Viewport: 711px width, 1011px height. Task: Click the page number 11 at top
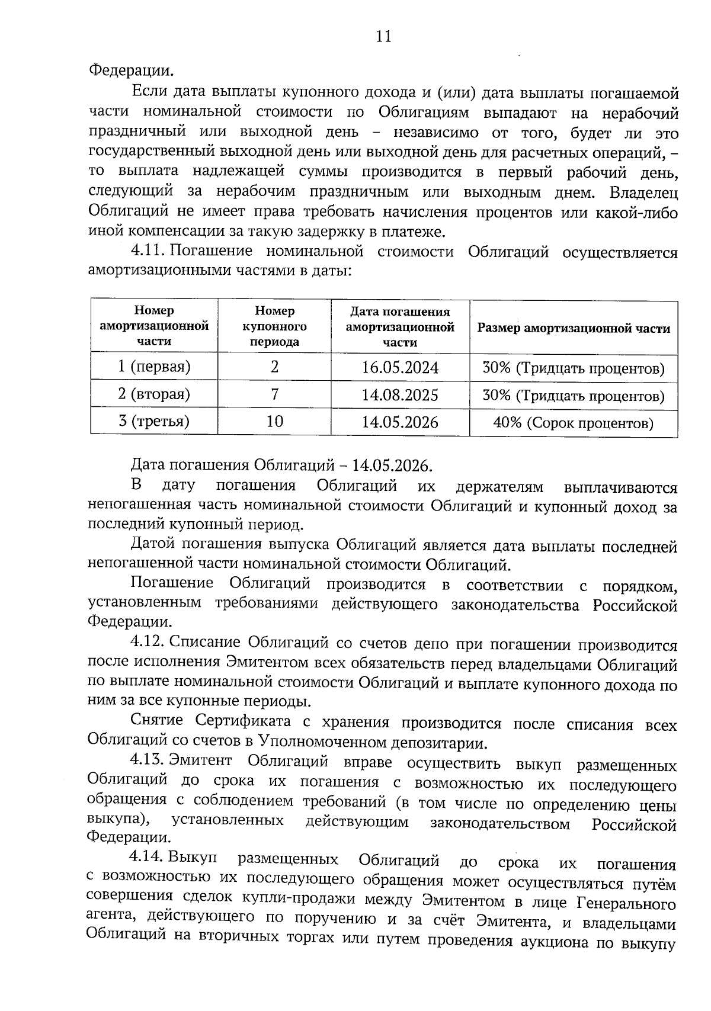(x=383, y=37)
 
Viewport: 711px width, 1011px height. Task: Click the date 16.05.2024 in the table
(x=400, y=368)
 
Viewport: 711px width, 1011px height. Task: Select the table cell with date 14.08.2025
(x=400, y=395)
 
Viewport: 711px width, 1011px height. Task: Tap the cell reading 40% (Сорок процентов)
(x=573, y=423)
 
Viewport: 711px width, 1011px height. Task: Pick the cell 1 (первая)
(x=154, y=367)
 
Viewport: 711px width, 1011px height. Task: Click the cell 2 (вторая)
(x=154, y=394)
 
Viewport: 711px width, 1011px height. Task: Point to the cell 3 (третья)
(x=154, y=421)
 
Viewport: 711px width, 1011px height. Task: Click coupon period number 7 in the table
(x=274, y=394)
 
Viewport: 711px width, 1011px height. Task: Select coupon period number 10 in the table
(x=274, y=421)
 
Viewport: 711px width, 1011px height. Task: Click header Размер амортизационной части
(x=574, y=328)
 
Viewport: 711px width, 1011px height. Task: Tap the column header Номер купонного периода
(x=274, y=326)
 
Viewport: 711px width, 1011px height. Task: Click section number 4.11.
(x=147, y=251)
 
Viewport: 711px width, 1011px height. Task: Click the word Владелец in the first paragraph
(x=644, y=193)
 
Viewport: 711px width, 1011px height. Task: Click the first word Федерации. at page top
(x=132, y=71)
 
